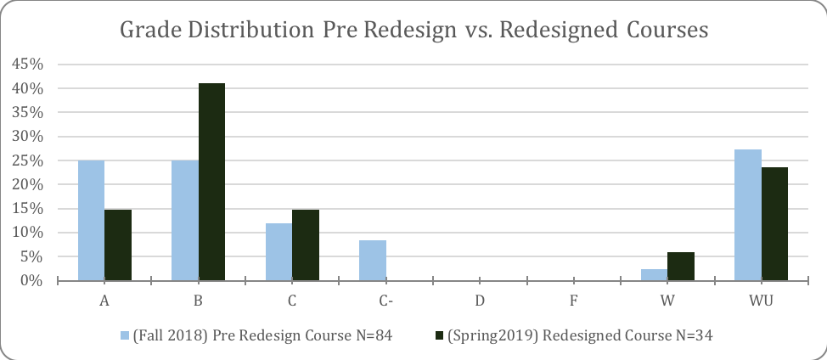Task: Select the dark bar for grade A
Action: (x=118, y=245)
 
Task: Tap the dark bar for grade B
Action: (x=211, y=182)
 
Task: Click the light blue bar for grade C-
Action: (x=373, y=261)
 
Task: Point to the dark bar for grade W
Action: (x=681, y=267)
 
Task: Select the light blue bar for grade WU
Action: (x=748, y=215)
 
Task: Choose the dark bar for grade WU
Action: (x=774, y=224)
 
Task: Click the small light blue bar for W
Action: (x=654, y=275)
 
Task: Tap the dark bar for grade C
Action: (x=306, y=245)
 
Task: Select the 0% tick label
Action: (x=34, y=280)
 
